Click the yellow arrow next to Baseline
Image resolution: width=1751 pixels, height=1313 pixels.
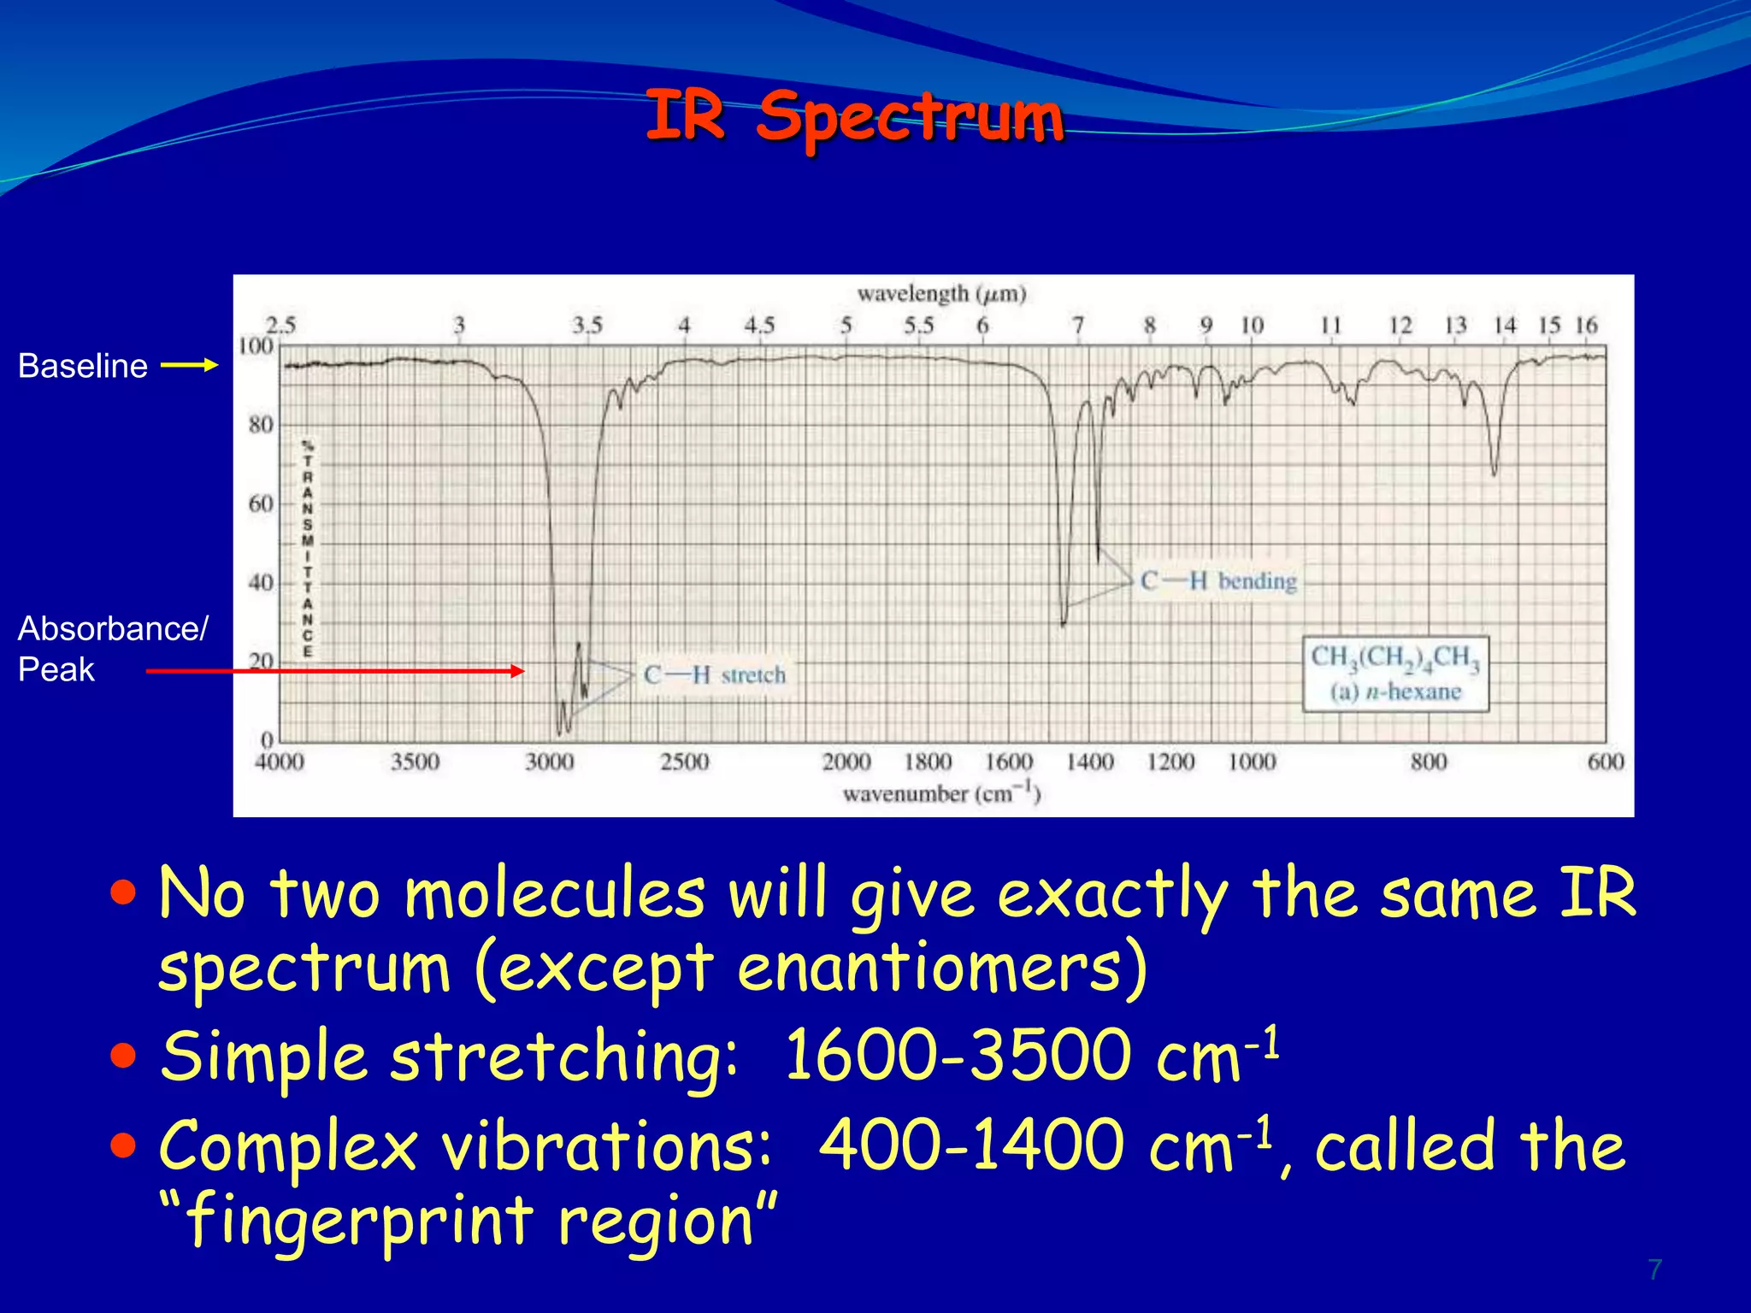(190, 365)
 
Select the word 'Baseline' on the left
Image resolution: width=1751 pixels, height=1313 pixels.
(83, 366)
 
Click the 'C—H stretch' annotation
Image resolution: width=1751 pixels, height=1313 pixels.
(714, 674)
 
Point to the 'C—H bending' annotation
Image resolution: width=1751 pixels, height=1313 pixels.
(1218, 581)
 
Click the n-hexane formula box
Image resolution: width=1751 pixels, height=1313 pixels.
(1395, 674)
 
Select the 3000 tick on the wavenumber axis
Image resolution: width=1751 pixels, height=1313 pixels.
(549, 762)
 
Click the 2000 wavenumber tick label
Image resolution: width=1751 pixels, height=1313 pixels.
(846, 762)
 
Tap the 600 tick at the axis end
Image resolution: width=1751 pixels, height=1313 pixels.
(1605, 762)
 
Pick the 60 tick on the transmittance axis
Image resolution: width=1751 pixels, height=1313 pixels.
(261, 503)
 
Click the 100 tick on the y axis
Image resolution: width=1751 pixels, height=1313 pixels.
(256, 346)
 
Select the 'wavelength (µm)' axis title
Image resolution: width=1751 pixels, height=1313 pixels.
(941, 294)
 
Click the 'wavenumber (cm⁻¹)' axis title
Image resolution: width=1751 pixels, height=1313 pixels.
(941, 793)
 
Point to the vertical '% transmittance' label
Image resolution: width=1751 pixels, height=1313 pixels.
(308, 548)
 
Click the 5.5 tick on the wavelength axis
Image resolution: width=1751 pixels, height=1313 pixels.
(918, 326)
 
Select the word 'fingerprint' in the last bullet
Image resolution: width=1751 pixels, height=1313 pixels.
(359, 1220)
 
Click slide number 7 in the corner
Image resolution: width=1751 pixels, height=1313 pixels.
(1654, 1269)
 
